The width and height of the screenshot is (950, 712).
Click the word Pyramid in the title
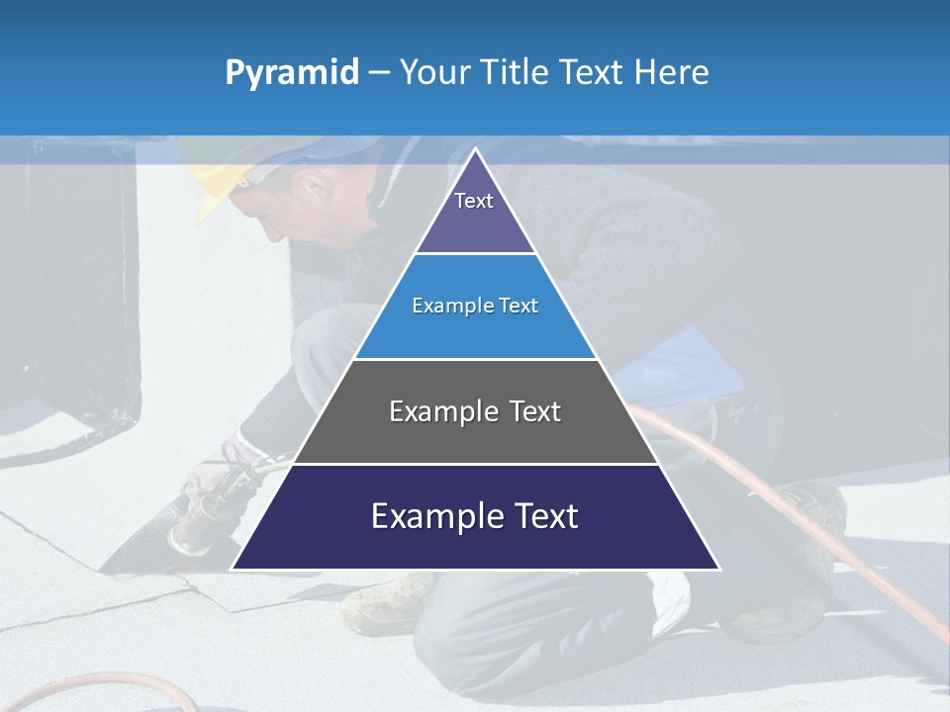[x=292, y=73]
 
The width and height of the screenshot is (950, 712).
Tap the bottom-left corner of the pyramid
[x=235, y=568]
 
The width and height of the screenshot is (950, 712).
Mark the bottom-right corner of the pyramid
[x=717, y=568]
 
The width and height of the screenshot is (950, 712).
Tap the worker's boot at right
[x=821, y=504]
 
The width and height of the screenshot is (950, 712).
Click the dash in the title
[x=378, y=73]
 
